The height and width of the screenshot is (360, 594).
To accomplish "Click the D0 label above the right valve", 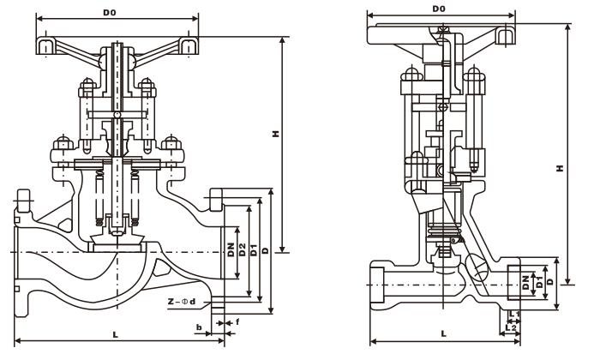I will (439, 9).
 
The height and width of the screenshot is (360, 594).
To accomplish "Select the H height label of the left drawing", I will (275, 135).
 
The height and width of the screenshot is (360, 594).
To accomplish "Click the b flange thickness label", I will (199, 327).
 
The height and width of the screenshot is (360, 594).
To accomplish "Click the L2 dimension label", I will (512, 327).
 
